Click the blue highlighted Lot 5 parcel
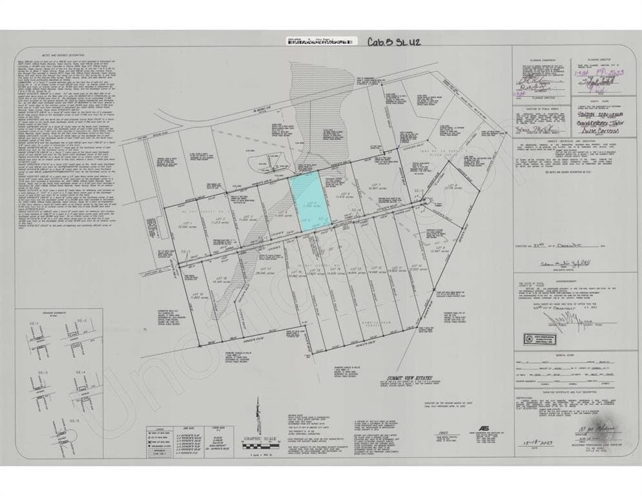pos(309,200)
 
